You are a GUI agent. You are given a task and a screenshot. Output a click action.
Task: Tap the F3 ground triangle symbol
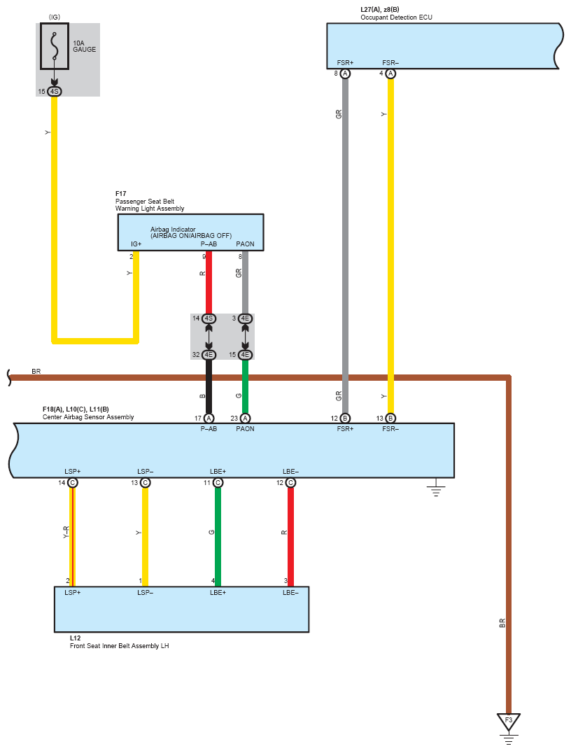click(509, 720)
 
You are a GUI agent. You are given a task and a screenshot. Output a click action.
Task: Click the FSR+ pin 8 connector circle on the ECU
click(345, 73)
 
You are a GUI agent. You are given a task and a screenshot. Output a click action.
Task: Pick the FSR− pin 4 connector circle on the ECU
click(390, 73)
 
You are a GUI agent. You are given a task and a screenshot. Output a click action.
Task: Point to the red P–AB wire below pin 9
click(209, 280)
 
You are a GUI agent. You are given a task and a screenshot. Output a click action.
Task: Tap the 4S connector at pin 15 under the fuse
click(55, 92)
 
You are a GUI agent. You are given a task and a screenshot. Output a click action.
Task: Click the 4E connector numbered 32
click(209, 355)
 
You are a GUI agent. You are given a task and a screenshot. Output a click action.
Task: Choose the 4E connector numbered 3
click(245, 318)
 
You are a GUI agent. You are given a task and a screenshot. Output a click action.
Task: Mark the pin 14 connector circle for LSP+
click(72, 483)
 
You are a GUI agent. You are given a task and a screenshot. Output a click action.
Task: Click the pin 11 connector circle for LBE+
click(218, 483)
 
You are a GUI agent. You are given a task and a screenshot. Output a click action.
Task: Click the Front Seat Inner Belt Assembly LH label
click(119, 646)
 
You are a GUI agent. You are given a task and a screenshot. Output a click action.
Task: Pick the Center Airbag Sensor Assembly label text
click(88, 417)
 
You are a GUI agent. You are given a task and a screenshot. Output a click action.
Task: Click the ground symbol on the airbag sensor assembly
click(436, 488)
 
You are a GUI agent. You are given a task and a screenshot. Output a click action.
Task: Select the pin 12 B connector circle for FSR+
click(345, 418)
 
